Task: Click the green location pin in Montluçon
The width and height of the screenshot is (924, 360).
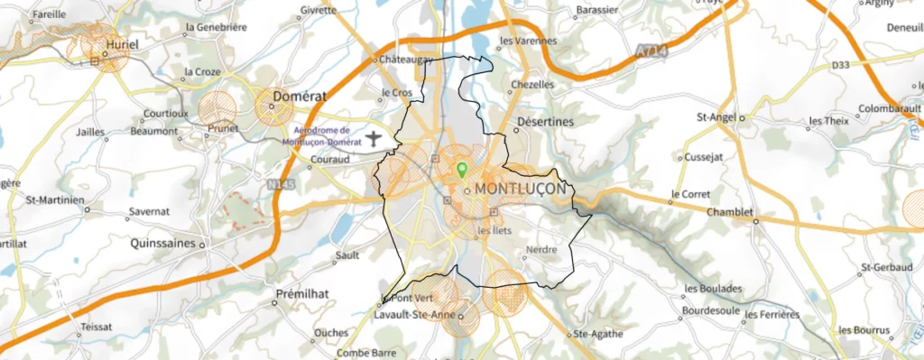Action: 462,169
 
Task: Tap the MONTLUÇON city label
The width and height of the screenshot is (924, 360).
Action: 520,189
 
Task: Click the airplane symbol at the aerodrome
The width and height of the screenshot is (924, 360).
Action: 375,138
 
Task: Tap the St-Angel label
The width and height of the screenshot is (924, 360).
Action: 716,116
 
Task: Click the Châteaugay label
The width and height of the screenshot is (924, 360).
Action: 408,60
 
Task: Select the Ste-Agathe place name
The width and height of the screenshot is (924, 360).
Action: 598,333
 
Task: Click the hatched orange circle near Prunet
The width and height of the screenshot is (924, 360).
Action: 217,108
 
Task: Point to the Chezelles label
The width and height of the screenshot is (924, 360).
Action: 531,84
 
